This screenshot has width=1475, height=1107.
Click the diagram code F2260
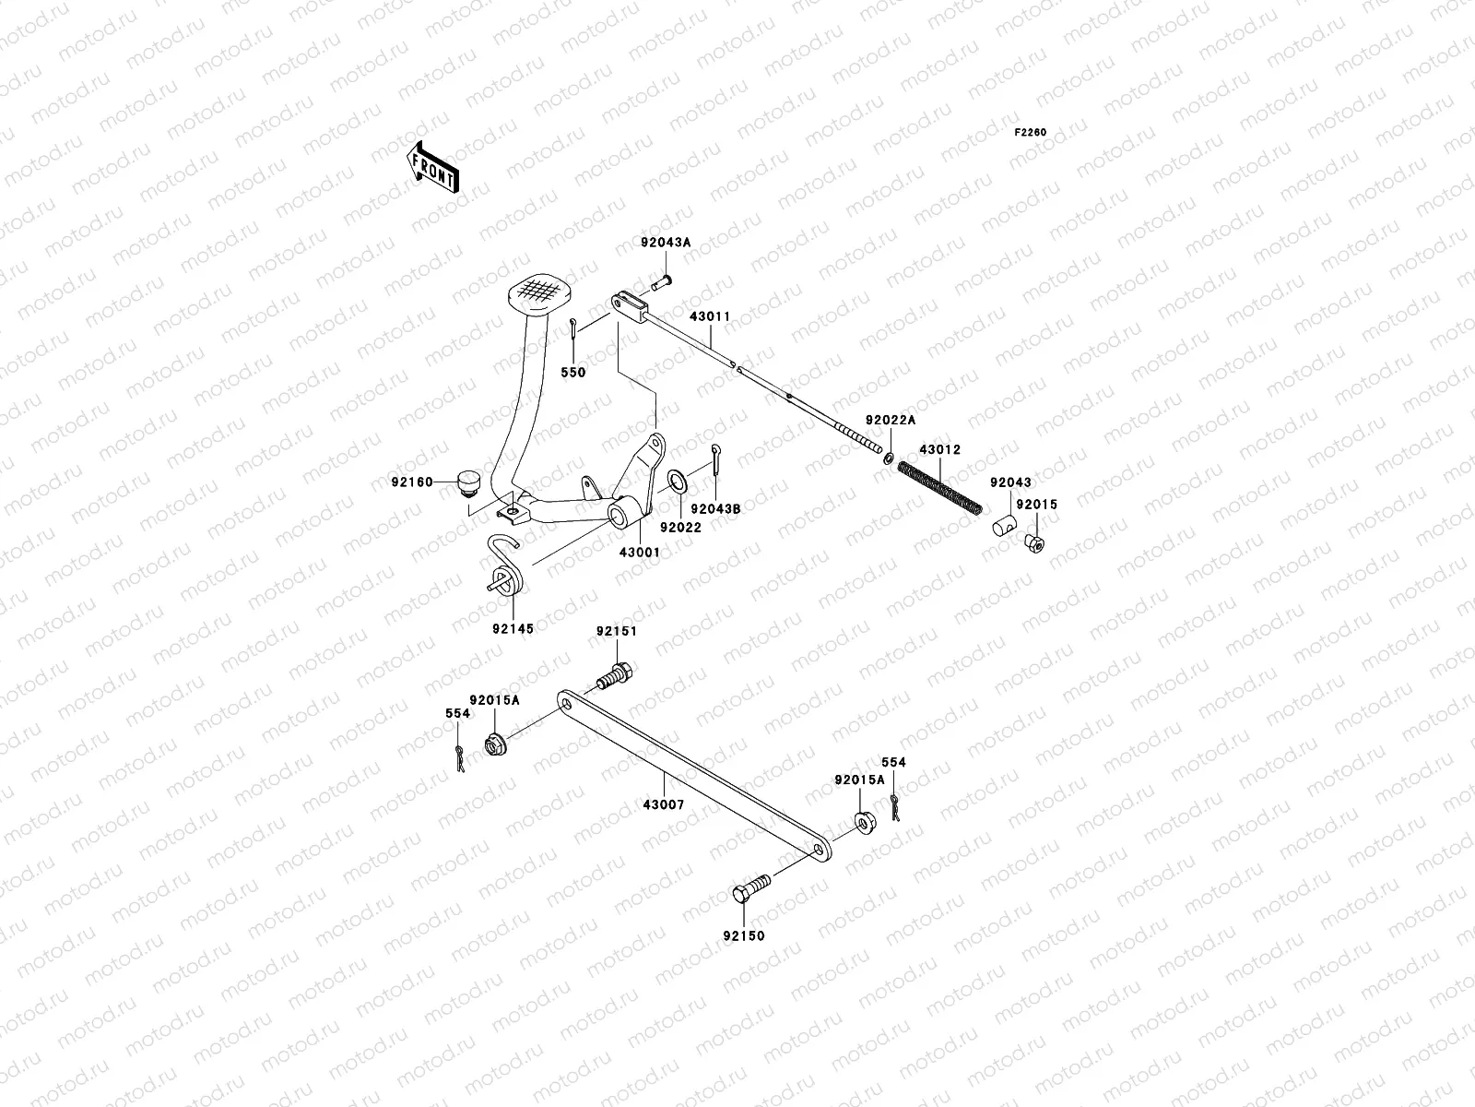point(1031,133)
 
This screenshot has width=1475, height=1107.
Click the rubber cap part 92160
point(470,482)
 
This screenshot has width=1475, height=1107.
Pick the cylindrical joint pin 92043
point(1002,528)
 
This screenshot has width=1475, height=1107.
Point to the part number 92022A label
point(890,420)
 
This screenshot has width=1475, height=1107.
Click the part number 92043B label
point(715,508)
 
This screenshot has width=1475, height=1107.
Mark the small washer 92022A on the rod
point(888,458)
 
